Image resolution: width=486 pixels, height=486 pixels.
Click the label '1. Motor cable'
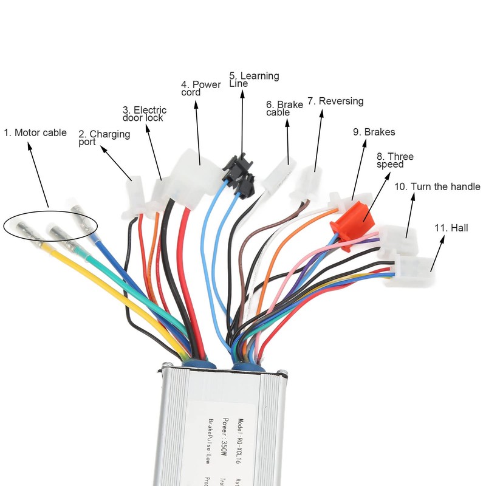tap(35, 132)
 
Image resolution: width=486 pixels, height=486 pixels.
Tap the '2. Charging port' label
tap(104, 138)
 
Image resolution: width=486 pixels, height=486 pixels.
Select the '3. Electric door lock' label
tap(144, 114)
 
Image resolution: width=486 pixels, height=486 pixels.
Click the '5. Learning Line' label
tap(253, 80)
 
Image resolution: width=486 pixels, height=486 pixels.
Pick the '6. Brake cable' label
tap(284, 108)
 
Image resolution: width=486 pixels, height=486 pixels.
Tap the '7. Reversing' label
tap(335, 101)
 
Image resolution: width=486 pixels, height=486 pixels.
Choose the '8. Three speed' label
tap(395, 160)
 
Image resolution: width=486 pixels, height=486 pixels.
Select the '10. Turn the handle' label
tap(437, 187)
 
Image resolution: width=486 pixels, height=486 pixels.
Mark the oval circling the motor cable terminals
tap(50, 225)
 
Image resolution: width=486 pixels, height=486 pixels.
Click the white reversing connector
tap(307, 182)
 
